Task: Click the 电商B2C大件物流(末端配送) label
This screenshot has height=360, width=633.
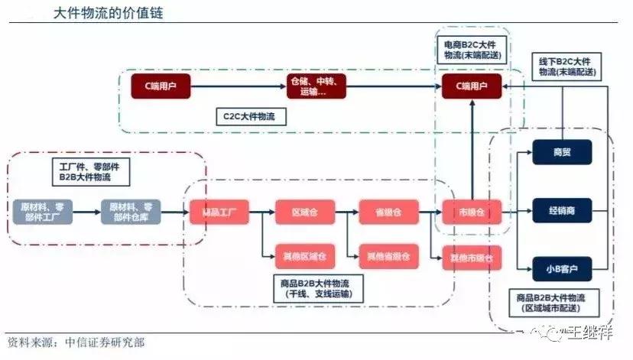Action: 472,50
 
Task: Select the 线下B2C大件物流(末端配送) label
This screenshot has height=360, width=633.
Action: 566,66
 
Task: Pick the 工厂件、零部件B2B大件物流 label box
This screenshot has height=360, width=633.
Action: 84,172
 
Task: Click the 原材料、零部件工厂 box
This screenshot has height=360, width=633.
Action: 43,211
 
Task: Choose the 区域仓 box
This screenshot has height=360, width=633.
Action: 304,211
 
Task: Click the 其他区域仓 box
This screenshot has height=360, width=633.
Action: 304,255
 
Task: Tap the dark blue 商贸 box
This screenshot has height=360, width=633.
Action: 563,151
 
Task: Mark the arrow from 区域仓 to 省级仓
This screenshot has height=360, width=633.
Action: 346,211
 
